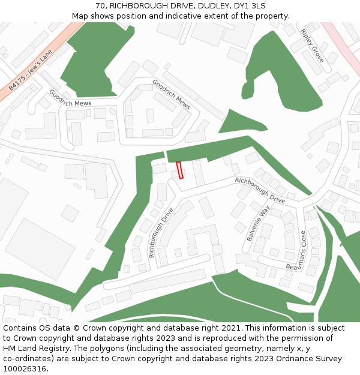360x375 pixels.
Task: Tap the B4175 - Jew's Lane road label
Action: [x=31, y=70]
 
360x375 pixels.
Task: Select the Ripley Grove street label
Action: [x=313, y=46]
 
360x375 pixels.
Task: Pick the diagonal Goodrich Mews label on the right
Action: [x=171, y=94]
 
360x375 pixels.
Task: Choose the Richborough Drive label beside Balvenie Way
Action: [x=260, y=190]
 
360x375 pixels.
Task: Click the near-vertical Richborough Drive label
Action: [x=160, y=233]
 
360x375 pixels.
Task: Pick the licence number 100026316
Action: [x=26, y=369]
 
